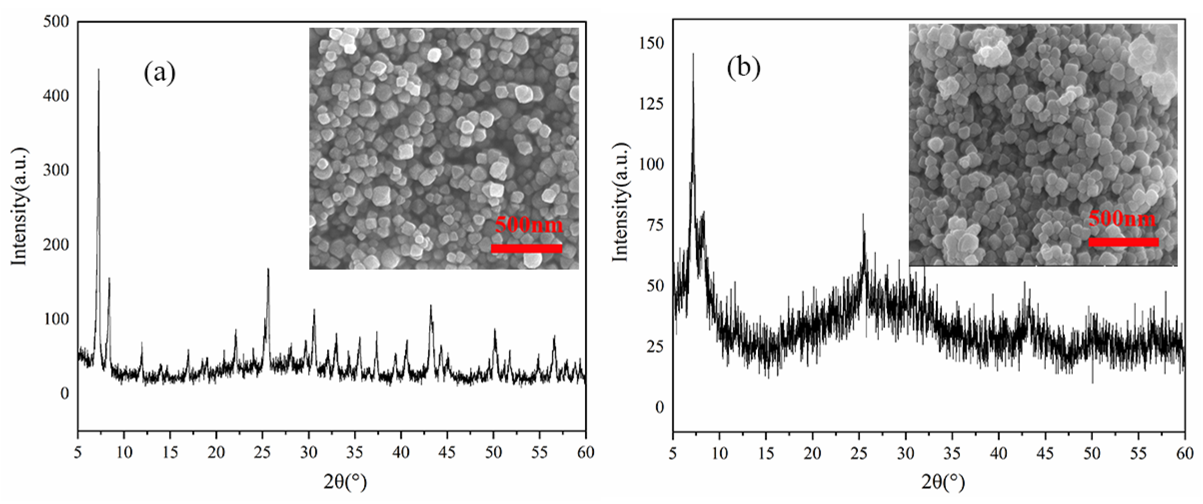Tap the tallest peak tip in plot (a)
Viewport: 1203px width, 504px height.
(x=98, y=70)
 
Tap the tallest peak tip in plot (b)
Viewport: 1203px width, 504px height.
(x=693, y=54)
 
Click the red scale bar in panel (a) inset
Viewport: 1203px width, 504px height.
(x=526, y=249)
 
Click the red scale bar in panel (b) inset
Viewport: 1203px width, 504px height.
(x=1124, y=242)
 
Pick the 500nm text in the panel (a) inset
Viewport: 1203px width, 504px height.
(x=529, y=225)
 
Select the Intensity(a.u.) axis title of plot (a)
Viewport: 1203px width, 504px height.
(x=20, y=207)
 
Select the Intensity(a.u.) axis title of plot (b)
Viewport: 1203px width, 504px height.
(x=620, y=202)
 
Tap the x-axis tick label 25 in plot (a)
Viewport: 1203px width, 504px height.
(x=262, y=452)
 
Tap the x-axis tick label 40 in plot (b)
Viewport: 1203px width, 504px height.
(x=999, y=453)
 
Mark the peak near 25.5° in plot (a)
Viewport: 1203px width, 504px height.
(x=268, y=270)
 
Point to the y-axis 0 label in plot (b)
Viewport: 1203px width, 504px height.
(x=659, y=407)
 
